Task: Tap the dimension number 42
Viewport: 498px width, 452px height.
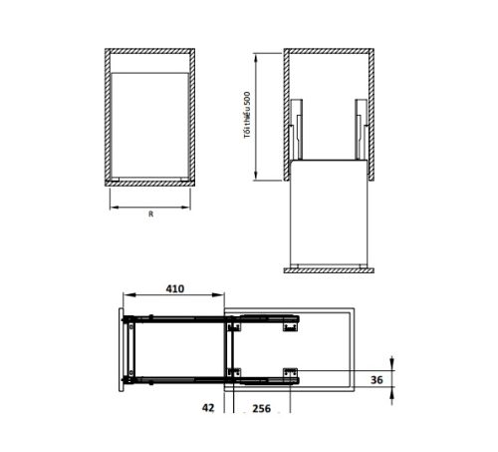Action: (x=209, y=408)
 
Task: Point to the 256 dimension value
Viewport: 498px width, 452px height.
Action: (x=262, y=408)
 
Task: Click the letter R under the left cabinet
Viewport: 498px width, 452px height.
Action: (x=150, y=214)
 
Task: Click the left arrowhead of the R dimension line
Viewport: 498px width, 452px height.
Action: (x=112, y=208)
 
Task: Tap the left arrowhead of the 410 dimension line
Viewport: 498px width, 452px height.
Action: (x=124, y=295)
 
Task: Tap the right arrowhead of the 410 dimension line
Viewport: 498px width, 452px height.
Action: (x=222, y=295)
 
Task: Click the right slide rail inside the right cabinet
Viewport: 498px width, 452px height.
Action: (x=359, y=129)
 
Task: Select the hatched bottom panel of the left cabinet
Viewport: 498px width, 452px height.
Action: (x=150, y=183)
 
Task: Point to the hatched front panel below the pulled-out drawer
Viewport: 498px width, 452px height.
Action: (x=328, y=269)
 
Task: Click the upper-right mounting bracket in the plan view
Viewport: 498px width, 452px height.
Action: (x=289, y=323)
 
